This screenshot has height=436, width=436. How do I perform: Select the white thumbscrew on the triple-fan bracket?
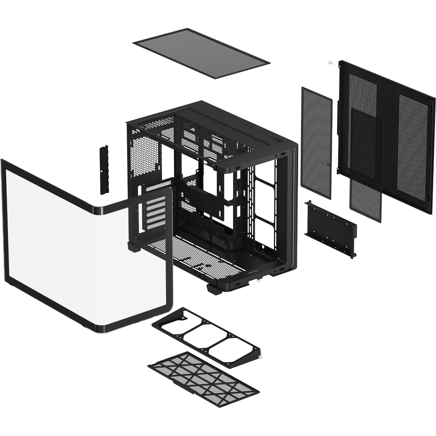[260, 357]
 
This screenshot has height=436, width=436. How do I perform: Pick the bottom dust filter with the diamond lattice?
[204, 372]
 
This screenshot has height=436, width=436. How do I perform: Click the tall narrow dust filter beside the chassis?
[316, 141]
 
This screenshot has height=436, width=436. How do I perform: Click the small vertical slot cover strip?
[105, 170]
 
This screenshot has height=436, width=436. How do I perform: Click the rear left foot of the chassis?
[135, 247]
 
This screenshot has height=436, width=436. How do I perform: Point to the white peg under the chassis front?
[258, 282]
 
